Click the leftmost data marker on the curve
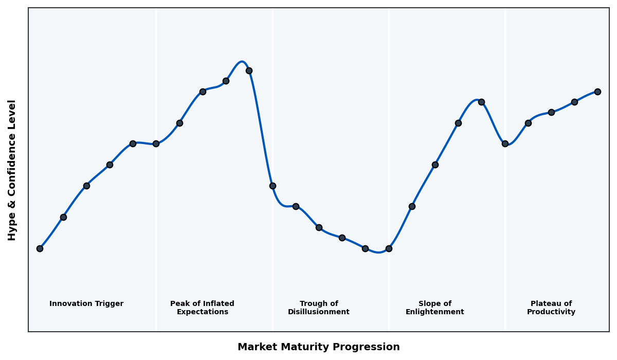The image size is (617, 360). pyautogui.click(x=40, y=248)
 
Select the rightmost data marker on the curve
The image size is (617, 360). pyautogui.click(x=597, y=92)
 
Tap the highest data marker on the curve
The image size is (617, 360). pyautogui.click(x=249, y=70)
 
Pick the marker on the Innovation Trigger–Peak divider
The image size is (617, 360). pyautogui.click(x=156, y=143)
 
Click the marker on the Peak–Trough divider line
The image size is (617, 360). pyautogui.click(x=273, y=186)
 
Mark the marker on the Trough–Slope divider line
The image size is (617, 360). pyautogui.click(x=389, y=248)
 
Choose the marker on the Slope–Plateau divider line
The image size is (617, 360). pyautogui.click(x=505, y=143)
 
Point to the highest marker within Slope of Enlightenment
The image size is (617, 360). pyautogui.click(x=481, y=102)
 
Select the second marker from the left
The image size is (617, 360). pyautogui.click(x=63, y=217)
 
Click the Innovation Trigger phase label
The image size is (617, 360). pyautogui.click(x=86, y=304)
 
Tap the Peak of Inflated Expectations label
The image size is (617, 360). pyautogui.click(x=202, y=308)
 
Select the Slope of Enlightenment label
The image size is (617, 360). pyautogui.click(x=434, y=308)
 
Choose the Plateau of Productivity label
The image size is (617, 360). pyautogui.click(x=551, y=308)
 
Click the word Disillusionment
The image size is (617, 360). pyautogui.click(x=318, y=312)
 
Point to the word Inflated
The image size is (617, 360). pyautogui.click(x=216, y=304)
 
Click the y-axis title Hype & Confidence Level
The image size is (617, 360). pyautogui.click(x=12, y=170)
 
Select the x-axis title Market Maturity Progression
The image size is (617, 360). pyautogui.click(x=318, y=347)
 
